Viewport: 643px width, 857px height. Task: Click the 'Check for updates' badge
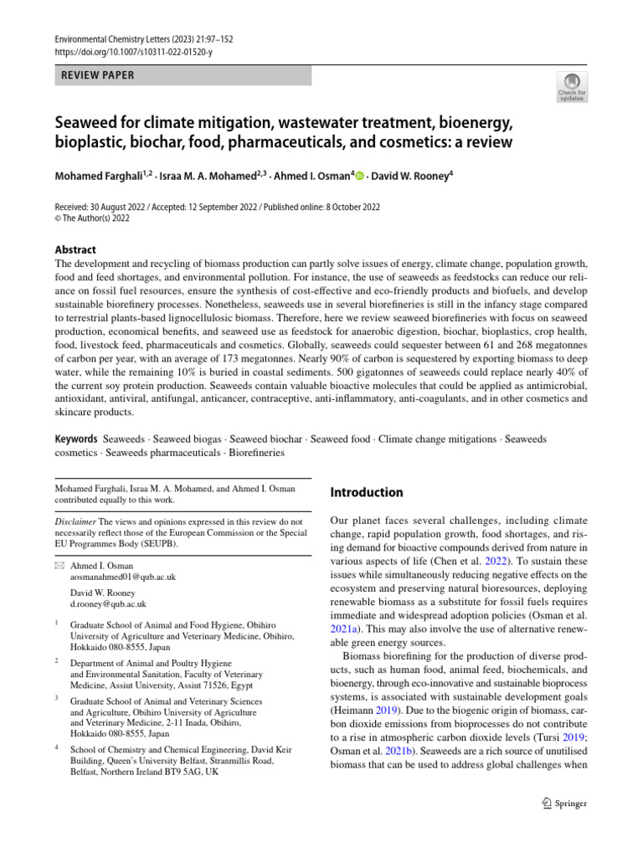tap(571, 87)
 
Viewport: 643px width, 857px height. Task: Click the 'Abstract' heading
tap(75, 249)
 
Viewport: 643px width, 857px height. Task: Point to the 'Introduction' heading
tap(367, 492)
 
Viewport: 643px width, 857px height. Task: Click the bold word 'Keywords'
tap(75, 439)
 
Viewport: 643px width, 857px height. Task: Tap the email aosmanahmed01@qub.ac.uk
tap(123, 577)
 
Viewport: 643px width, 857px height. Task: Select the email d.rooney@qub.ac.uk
tap(108, 603)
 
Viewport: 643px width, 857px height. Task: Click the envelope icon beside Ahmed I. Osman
tap(59, 567)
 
